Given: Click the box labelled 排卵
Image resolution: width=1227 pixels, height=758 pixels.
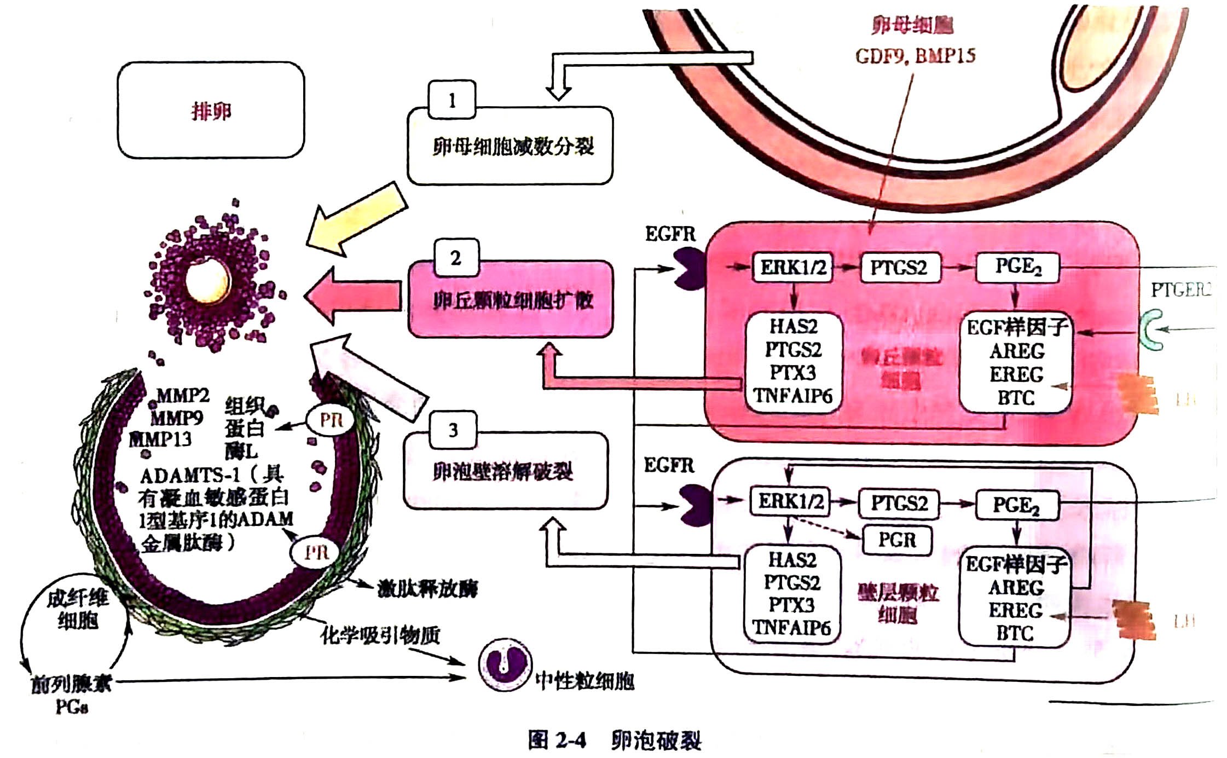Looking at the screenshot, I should (211, 111).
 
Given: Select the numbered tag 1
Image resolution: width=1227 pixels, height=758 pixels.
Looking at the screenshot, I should (452, 100).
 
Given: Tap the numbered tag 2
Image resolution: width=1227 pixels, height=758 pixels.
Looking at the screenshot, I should (456, 258).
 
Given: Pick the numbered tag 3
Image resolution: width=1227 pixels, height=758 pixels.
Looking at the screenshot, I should (453, 430).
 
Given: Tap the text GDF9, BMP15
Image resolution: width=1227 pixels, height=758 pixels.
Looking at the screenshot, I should (915, 56).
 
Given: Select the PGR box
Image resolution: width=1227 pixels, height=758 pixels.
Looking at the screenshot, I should (897, 540).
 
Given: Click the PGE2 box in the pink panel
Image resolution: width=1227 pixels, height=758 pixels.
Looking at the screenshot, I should (1017, 267).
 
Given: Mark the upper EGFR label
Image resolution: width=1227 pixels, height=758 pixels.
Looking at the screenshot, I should (670, 234).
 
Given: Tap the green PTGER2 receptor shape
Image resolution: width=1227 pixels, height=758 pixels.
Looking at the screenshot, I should (1153, 329).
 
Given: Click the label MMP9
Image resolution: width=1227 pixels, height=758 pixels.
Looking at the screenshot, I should (176, 419).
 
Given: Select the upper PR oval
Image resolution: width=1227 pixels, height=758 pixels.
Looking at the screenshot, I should (331, 420).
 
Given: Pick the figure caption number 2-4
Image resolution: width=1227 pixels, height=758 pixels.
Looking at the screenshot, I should (557, 740).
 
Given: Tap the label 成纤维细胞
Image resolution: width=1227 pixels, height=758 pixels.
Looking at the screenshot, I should (77, 609).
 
